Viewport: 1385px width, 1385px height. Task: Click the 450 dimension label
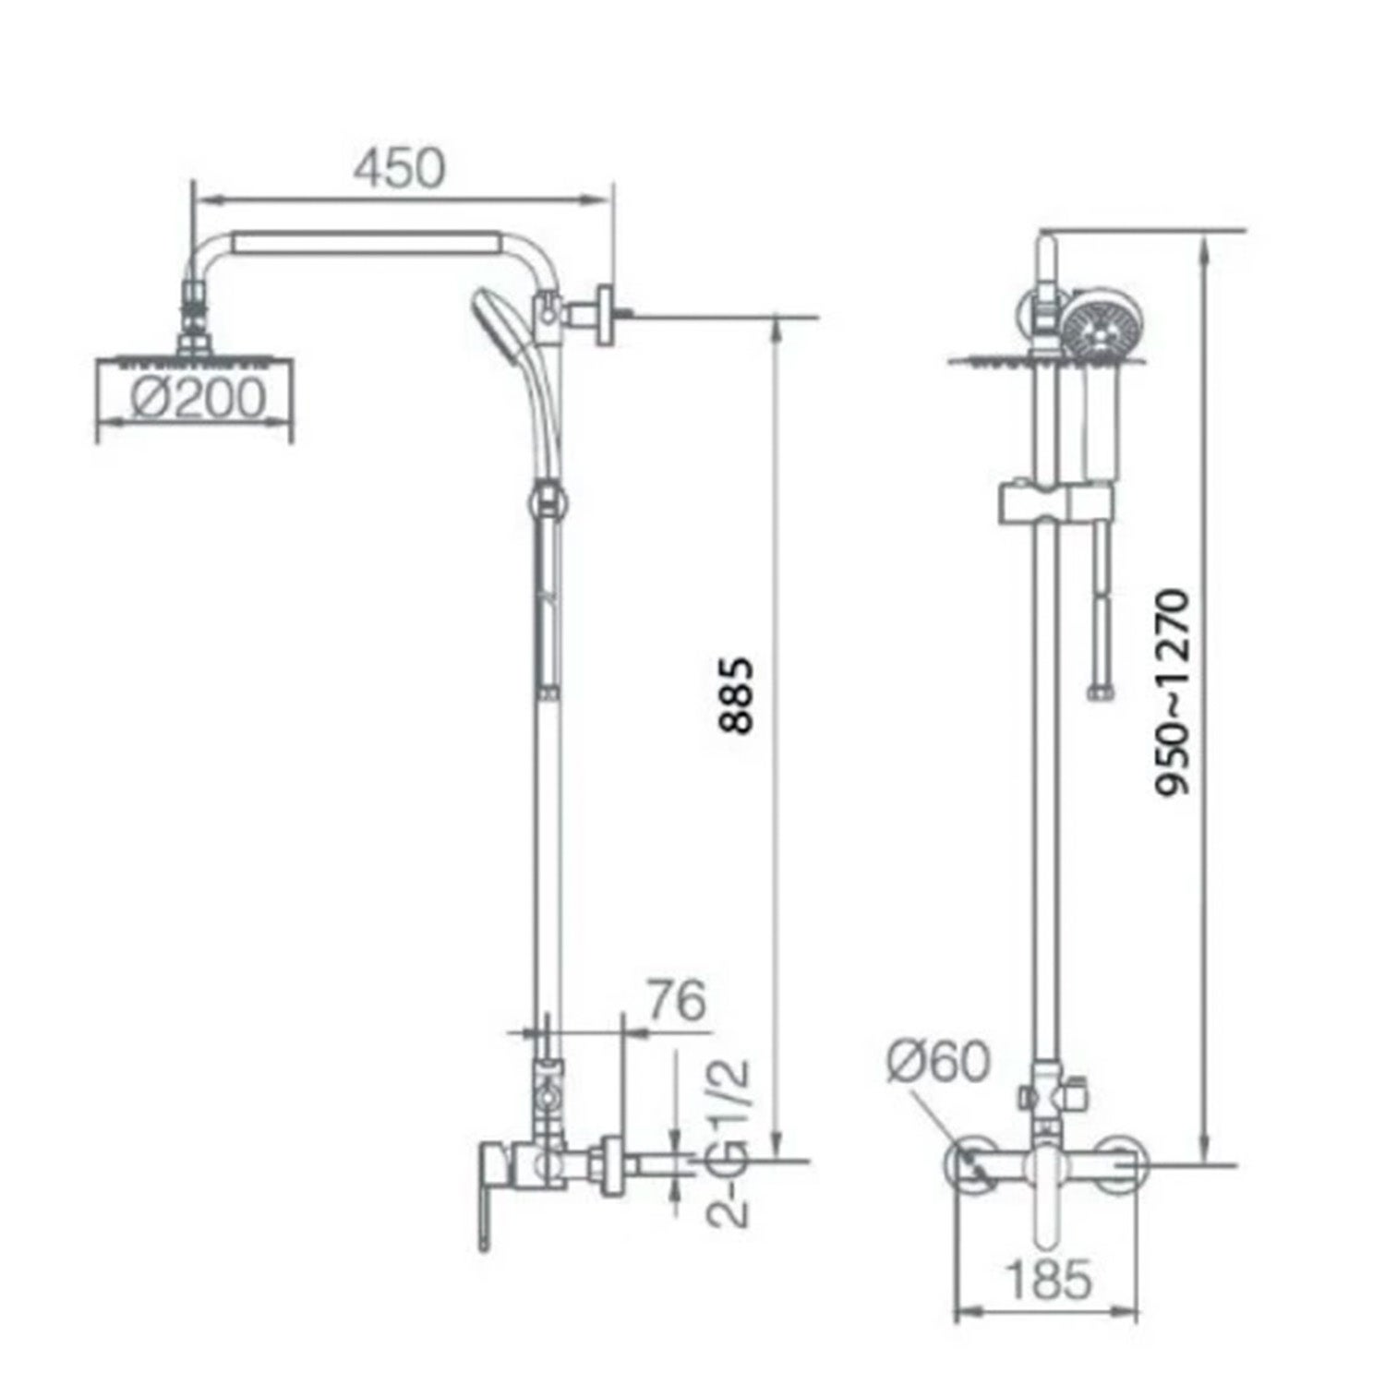401,169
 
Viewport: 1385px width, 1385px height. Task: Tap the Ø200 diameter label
197,399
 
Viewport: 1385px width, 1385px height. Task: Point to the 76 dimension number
676,1002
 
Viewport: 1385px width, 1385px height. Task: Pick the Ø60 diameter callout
937,1062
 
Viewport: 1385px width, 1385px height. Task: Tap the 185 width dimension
1047,1279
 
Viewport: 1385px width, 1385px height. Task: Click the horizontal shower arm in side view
369,242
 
